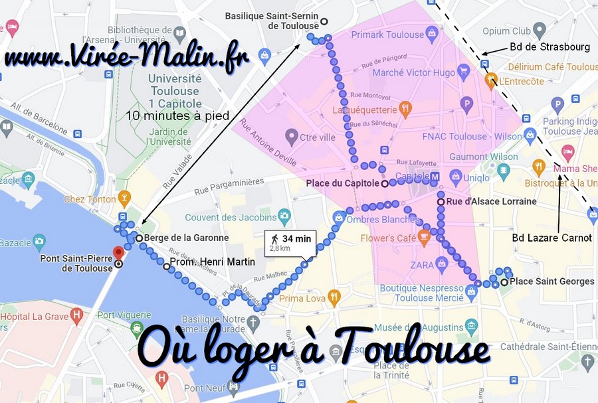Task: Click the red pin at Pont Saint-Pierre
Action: click(118, 253)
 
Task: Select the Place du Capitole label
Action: click(342, 183)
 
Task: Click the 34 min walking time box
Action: click(290, 243)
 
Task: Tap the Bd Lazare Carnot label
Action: click(551, 238)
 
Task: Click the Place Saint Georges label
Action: click(551, 282)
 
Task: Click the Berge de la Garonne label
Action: click(186, 238)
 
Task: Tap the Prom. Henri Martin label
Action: click(212, 262)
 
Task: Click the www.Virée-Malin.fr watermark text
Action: click(126, 57)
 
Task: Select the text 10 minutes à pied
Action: click(177, 116)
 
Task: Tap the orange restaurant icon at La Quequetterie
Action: click(405, 108)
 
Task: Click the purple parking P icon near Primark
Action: click(467, 103)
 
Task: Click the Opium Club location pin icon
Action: click(540, 31)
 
